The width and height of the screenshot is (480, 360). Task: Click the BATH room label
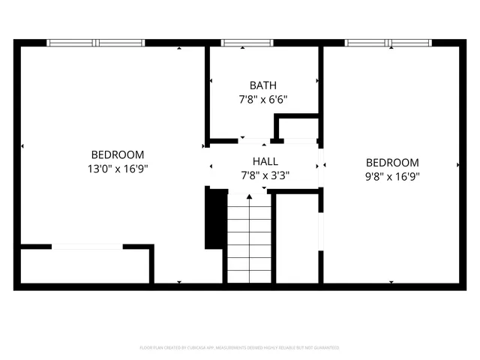[x=262, y=85]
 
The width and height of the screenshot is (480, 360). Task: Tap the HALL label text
[x=265, y=161]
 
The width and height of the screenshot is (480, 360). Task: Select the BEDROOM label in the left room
[x=118, y=154]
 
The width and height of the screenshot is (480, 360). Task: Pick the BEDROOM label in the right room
[x=392, y=163]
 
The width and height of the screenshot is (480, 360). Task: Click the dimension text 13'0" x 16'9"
[x=118, y=169]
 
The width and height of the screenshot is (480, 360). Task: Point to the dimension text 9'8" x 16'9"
[x=392, y=177]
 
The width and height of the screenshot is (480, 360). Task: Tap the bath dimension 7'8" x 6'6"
[x=262, y=99]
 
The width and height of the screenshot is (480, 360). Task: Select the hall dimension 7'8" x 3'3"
[x=265, y=175]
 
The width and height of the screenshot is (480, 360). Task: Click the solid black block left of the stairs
[x=215, y=217]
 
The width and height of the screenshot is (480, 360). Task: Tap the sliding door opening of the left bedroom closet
[x=87, y=246]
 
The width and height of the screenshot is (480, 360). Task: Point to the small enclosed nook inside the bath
[x=298, y=127]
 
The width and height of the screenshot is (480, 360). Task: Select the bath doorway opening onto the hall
[x=254, y=140]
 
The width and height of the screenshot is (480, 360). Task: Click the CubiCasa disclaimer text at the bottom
[x=240, y=348]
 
